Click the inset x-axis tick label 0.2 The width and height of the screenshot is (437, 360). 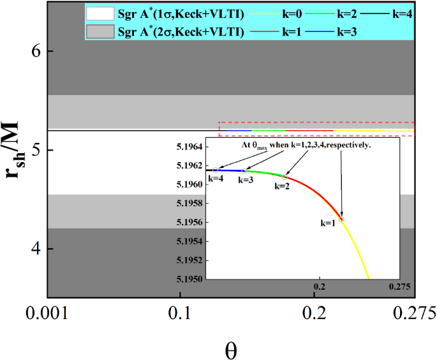(x=320, y=287)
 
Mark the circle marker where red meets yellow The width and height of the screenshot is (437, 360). (x=342, y=218)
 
